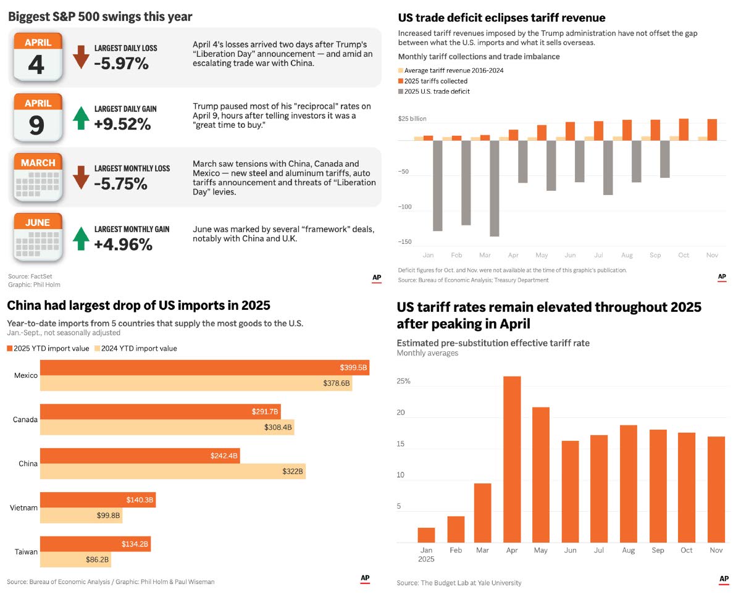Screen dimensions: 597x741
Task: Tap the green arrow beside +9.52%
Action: tap(81, 117)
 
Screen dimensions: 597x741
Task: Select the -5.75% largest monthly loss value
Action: tap(120, 183)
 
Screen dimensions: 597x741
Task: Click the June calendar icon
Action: tap(37, 238)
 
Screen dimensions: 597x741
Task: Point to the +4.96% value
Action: tap(123, 244)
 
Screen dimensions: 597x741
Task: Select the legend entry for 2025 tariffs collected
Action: tap(436, 81)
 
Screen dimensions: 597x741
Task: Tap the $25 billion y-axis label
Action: tap(412, 119)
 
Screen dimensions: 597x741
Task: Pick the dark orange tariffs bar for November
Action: tap(712, 130)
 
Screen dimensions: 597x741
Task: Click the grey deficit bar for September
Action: tap(664, 159)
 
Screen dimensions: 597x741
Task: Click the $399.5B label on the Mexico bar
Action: tap(353, 367)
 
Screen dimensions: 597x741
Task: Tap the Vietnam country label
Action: tap(24, 507)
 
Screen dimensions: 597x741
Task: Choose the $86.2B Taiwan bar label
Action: tap(97, 560)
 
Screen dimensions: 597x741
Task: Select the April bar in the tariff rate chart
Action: tap(512, 459)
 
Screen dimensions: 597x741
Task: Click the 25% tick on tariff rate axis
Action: tap(403, 381)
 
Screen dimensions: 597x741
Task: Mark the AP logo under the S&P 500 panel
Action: tap(377, 278)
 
